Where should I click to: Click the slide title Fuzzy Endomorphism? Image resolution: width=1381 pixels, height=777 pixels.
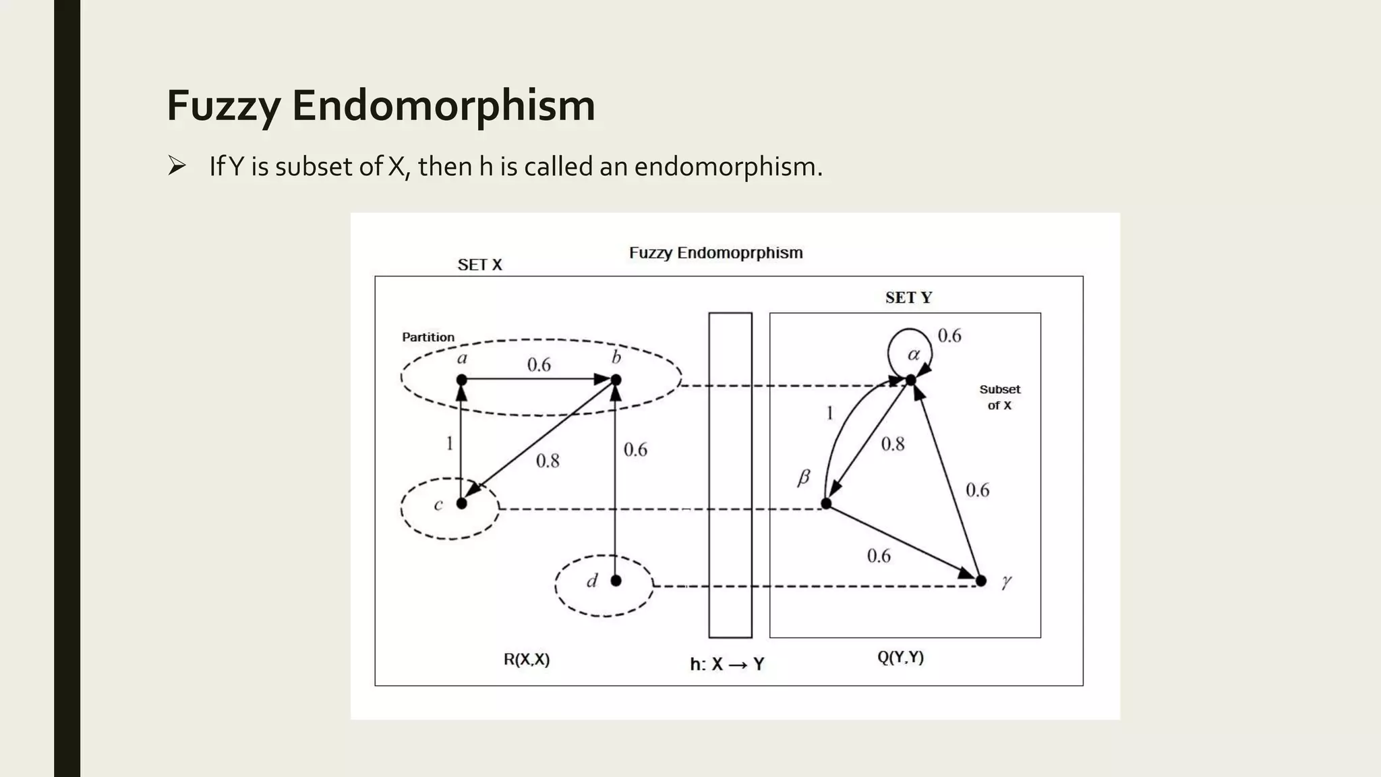pyautogui.click(x=380, y=106)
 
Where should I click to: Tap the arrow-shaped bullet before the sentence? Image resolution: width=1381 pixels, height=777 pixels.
pyautogui.click(x=177, y=165)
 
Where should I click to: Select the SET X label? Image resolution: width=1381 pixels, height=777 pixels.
pyautogui.click(x=479, y=265)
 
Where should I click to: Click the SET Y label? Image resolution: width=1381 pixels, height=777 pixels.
pyautogui.click(x=908, y=297)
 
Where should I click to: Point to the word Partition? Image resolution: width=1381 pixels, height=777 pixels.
pyautogui.click(x=428, y=337)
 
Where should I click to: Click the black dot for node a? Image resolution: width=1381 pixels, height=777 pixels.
pyautogui.click(x=461, y=380)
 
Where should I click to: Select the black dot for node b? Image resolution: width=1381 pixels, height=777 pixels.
pyautogui.click(x=616, y=380)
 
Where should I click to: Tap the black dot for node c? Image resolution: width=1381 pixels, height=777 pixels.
pyautogui.click(x=461, y=503)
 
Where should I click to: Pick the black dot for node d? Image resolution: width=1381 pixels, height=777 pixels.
pyautogui.click(x=616, y=581)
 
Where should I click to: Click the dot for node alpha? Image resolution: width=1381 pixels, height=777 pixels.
pyautogui.click(x=910, y=380)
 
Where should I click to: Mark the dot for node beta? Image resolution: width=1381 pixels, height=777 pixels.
pyautogui.click(x=826, y=503)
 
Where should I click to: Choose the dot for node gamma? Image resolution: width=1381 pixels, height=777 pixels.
pyautogui.click(x=981, y=581)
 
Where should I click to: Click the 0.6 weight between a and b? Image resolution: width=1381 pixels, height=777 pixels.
pyautogui.click(x=539, y=365)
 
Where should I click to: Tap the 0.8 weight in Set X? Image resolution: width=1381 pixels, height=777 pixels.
pyautogui.click(x=548, y=461)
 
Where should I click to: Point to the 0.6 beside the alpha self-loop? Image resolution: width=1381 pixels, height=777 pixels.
pyautogui.click(x=949, y=336)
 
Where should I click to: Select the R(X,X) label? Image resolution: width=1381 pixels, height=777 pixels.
pyautogui.click(x=527, y=660)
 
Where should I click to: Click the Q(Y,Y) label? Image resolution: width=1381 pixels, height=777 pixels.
pyautogui.click(x=900, y=658)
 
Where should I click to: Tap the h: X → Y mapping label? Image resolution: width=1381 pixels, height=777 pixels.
pyautogui.click(x=727, y=664)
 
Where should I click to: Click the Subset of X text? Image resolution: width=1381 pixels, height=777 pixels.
pyautogui.click(x=999, y=397)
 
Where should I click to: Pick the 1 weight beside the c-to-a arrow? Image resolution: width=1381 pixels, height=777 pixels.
pyautogui.click(x=449, y=443)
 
